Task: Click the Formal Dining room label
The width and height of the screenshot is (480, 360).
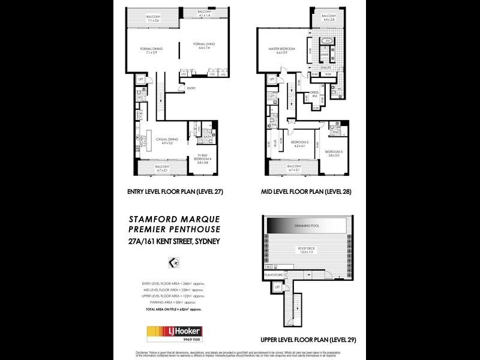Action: pos(147,50)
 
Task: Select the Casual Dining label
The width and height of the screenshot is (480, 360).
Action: pos(164,141)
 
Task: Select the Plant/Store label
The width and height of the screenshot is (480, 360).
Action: pos(274,274)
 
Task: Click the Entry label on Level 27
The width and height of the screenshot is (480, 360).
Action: pos(191,89)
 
